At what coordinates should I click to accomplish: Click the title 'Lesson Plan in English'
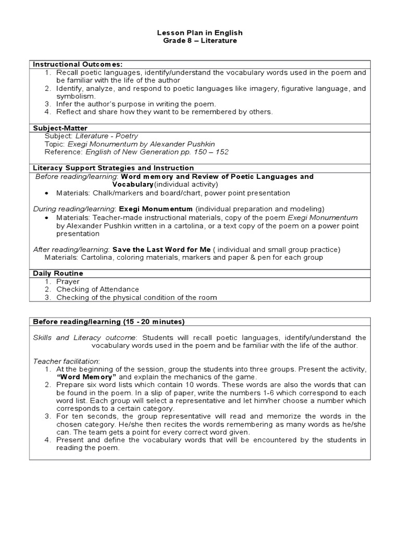point(200,33)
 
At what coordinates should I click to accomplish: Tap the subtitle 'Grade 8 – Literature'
point(200,41)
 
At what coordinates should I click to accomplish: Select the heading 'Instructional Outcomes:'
point(78,64)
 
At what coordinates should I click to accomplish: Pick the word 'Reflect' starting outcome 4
point(69,112)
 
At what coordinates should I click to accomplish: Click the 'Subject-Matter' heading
point(60,128)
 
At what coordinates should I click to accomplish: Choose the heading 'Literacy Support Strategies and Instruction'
point(114,168)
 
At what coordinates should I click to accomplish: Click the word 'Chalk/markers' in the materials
point(116,193)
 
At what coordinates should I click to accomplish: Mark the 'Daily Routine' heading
point(58,273)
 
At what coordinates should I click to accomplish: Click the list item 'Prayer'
point(68,282)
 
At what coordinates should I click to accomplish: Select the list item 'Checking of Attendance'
point(98,289)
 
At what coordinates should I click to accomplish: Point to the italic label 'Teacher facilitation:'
point(66,361)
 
